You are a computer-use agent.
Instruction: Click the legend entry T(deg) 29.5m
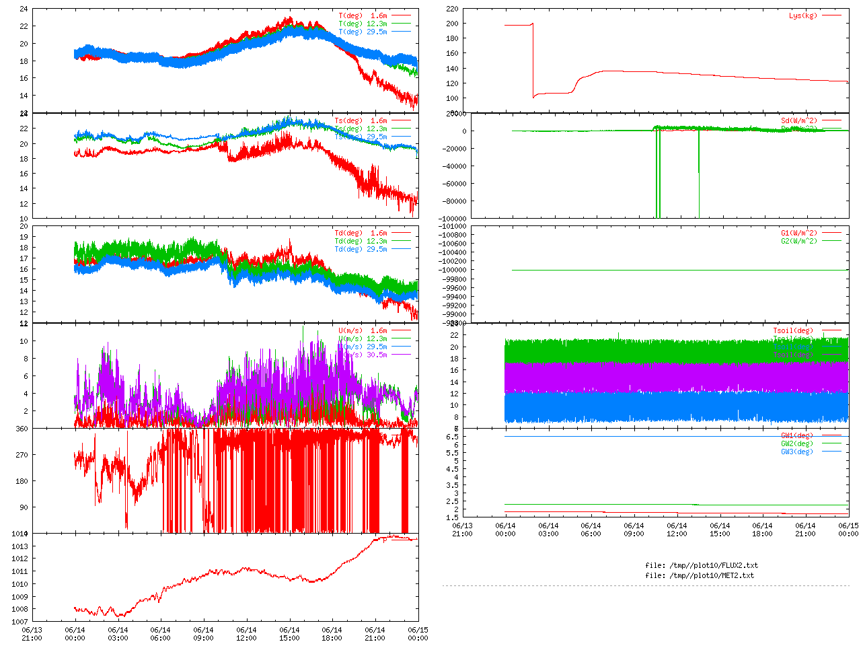tap(363, 32)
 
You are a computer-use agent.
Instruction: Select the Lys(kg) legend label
tap(802, 15)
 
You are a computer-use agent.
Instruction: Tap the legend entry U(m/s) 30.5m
tap(363, 355)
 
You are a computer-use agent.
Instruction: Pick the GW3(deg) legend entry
tap(796, 452)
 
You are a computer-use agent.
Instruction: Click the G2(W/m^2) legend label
tap(798, 241)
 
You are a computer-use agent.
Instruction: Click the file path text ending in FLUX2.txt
tap(701, 565)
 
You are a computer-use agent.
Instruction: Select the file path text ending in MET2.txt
tap(700, 575)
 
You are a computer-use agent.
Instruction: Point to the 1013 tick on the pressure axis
tap(19, 546)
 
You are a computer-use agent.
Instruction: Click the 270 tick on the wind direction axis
tap(22, 455)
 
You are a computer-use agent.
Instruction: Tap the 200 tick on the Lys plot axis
tap(451, 24)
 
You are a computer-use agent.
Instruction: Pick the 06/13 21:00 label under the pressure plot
tap(32, 634)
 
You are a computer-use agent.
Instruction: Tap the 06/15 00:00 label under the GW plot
tap(848, 530)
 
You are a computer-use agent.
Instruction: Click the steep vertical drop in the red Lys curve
tap(533, 61)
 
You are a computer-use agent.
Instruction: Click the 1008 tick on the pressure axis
tap(19, 610)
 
